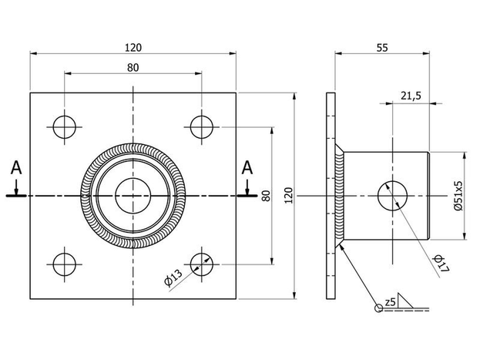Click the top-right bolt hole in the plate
[x=202, y=126]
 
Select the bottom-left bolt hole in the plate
[x=65, y=264]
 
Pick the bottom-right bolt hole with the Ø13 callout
[x=202, y=264]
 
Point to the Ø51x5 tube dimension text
[x=458, y=195]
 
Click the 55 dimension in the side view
[x=381, y=47]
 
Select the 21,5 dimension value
[x=411, y=95]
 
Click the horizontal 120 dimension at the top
[x=133, y=47]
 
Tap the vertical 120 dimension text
[x=288, y=195]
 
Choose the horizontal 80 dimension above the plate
[x=133, y=67]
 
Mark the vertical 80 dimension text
[x=266, y=195]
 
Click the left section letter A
[x=16, y=167]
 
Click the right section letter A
[x=247, y=167]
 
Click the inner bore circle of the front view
[x=133, y=195]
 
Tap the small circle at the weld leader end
[x=378, y=308]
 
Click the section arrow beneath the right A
[x=247, y=187]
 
